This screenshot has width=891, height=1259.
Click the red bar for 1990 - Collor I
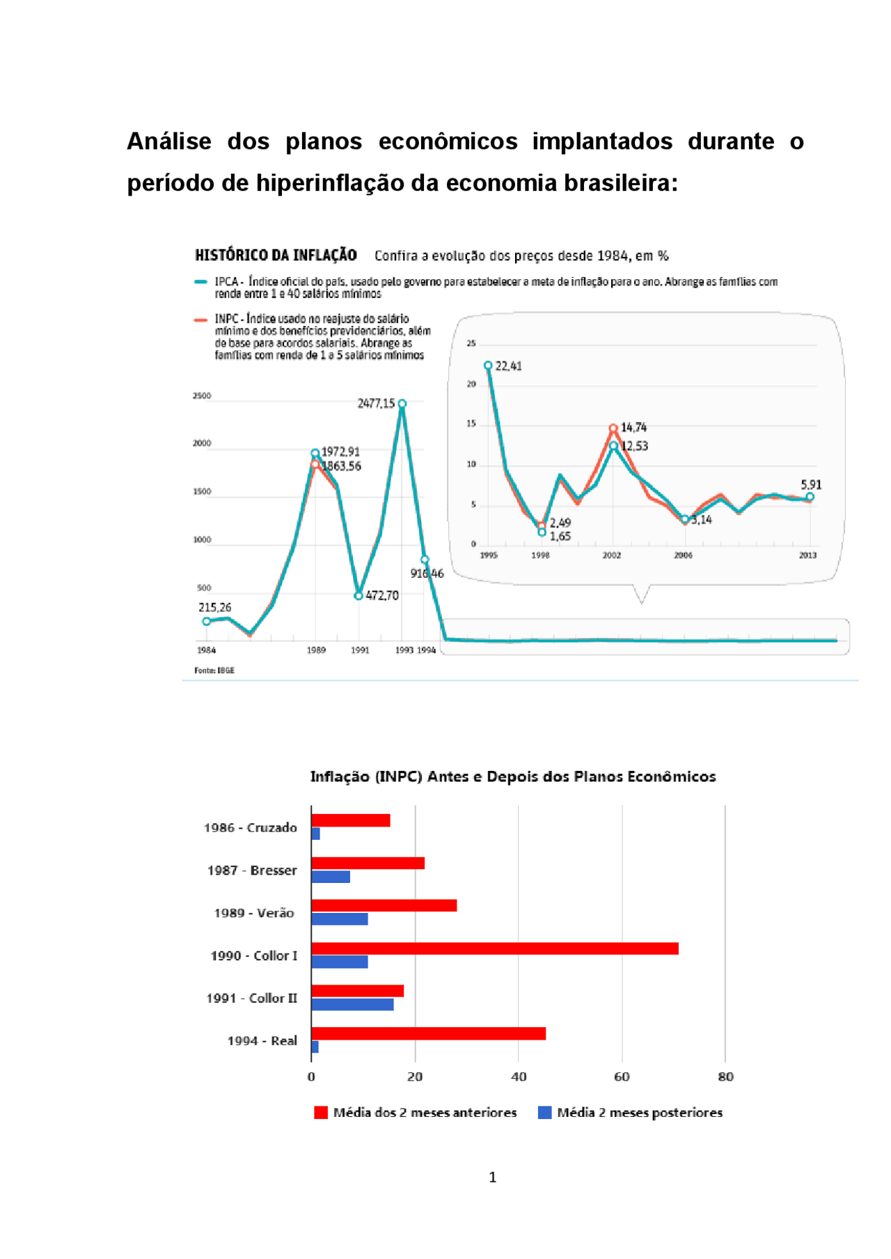pyautogui.click(x=495, y=948)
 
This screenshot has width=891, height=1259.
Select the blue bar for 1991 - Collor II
pyautogui.click(x=352, y=1004)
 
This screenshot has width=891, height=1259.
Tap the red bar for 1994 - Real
pyautogui.click(x=429, y=1033)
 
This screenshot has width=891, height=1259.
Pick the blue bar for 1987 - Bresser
pyautogui.click(x=331, y=877)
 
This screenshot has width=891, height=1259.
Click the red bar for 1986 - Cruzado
pyautogui.click(x=351, y=820)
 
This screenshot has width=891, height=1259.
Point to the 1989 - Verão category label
pyautogui.click(x=254, y=913)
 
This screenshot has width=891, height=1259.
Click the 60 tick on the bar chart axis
pyautogui.click(x=622, y=1077)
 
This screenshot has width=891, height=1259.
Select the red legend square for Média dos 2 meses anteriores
pyautogui.click(x=321, y=1112)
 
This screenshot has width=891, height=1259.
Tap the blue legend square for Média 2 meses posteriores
pyautogui.click(x=545, y=1112)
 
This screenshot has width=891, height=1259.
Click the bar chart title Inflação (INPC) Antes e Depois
pyautogui.click(x=513, y=776)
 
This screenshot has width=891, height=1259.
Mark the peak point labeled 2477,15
pyautogui.click(x=402, y=404)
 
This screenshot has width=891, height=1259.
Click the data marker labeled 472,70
pyautogui.click(x=358, y=596)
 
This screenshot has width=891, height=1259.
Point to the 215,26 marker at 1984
pyautogui.click(x=206, y=621)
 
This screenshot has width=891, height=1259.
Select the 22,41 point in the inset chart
pyautogui.click(x=489, y=366)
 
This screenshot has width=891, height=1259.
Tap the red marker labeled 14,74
pyautogui.click(x=613, y=428)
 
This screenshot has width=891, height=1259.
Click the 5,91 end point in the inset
pyautogui.click(x=810, y=496)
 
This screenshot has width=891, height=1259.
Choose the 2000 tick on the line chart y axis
pyautogui.click(x=202, y=444)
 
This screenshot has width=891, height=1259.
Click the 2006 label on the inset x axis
pyautogui.click(x=683, y=555)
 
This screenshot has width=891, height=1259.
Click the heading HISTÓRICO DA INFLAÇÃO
pyautogui.click(x=276, y=255)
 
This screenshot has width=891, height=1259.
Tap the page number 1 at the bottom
pyautogui.click(x=493, y=1178)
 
